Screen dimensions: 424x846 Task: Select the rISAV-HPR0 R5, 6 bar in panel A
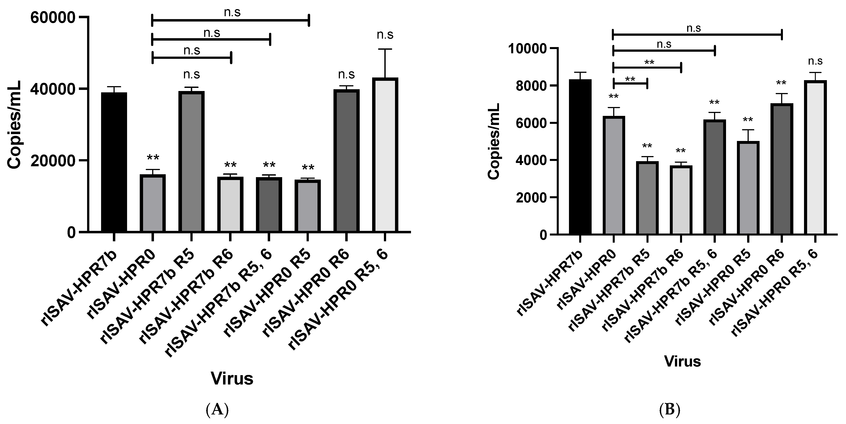[x=385, y=155]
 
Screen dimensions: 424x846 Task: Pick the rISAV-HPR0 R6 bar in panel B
[x=781, y=169]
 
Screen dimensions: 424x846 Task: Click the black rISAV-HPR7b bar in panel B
[x=580, y=157]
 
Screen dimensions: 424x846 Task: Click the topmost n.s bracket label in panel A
[x=232, y=12]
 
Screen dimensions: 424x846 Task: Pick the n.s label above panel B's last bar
[x=815, y=61]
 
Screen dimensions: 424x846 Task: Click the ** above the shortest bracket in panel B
[x=630, y=79]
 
